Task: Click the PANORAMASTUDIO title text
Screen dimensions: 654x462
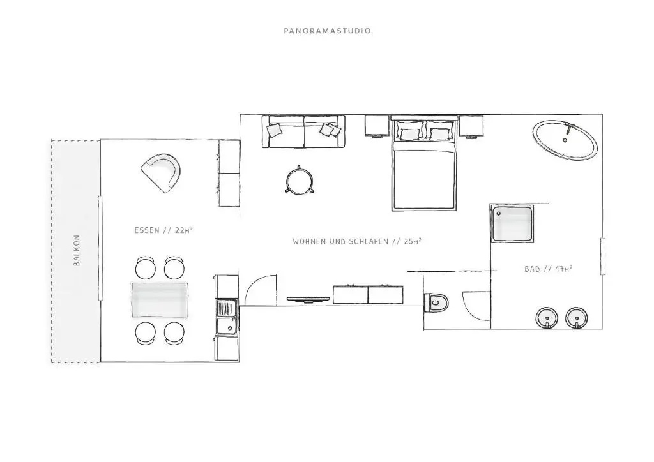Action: (x=328, y=31)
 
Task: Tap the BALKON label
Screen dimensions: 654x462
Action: (x=77, y=250)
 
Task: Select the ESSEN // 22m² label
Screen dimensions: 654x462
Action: (x=163, y=230)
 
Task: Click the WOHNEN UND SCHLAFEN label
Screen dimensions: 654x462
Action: (x=341, y=242)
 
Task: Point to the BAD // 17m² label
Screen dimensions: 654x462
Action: (x=548, y=269)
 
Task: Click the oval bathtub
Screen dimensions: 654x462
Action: (x=565, y=140)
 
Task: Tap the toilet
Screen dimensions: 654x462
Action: (x=436, y=302)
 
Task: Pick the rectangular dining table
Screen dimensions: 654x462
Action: (x=160, y=300)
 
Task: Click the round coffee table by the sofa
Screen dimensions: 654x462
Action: (x=300, y=181)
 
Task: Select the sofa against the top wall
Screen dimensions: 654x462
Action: (x=303, y=131)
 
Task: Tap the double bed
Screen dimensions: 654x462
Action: (x=423, y=163)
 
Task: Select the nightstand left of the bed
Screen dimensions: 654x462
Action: (x=377, y=126)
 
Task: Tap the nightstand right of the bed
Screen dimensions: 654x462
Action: (x=471, y=126)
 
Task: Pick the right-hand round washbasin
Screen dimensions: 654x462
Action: (x=577, y=318)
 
